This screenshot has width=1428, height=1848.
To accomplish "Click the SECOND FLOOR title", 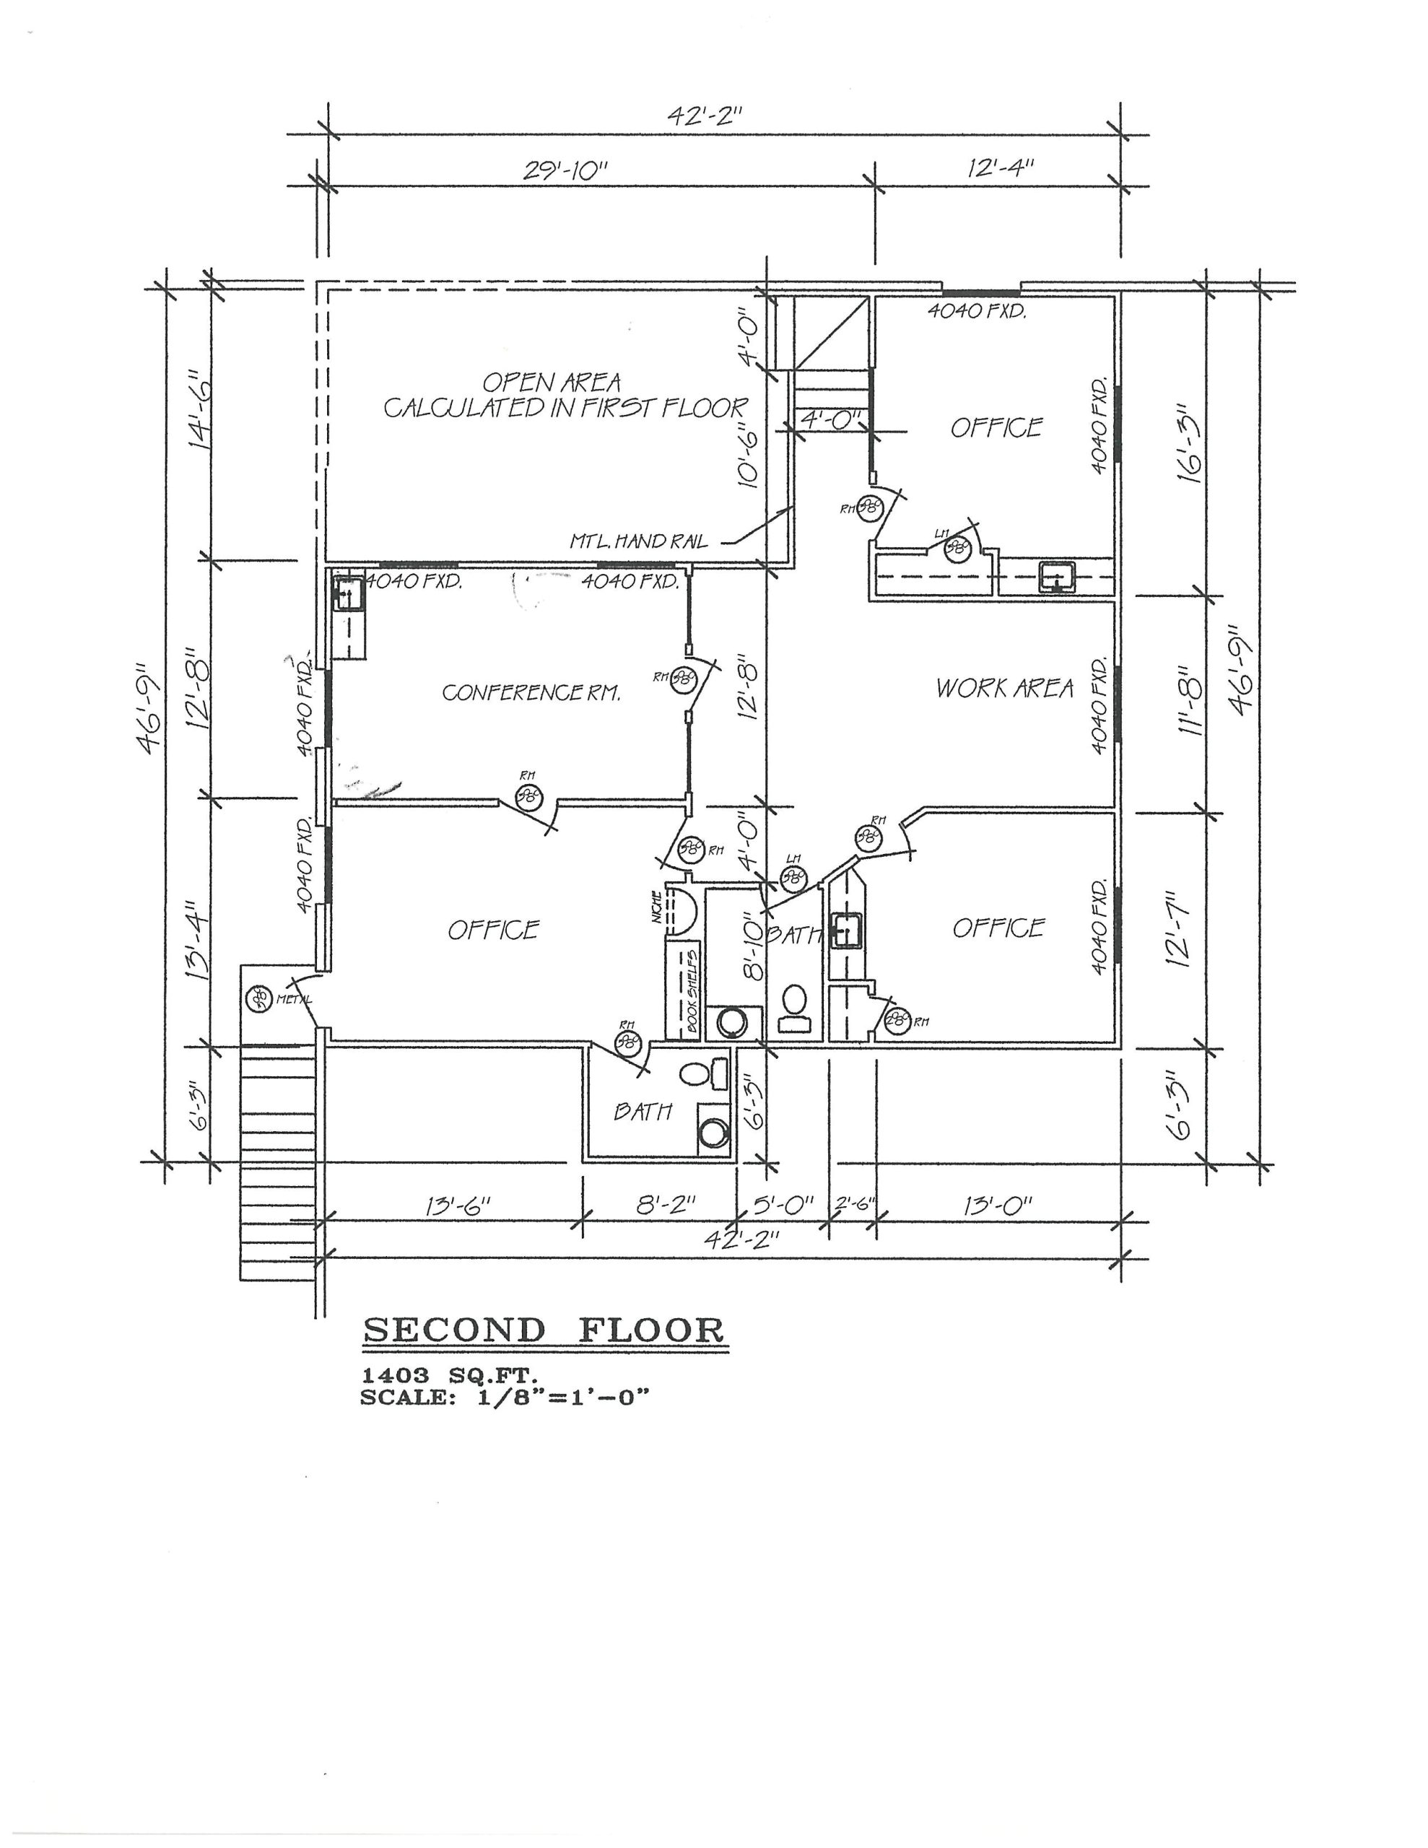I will (544, 1331).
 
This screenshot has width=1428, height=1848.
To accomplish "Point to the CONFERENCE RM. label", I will (531, 693).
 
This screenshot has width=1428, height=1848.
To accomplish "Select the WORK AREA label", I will (1004, 688).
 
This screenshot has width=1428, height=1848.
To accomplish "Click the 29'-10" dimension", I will (565, 170).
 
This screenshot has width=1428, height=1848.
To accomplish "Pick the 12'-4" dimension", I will (1001, 167).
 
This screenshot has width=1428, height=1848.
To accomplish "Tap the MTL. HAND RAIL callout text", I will (638, 541).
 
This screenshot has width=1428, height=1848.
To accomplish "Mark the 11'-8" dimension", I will (1189, 699).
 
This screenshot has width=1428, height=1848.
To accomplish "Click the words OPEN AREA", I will (551, 383).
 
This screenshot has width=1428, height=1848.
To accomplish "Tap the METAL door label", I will (294, 999).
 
